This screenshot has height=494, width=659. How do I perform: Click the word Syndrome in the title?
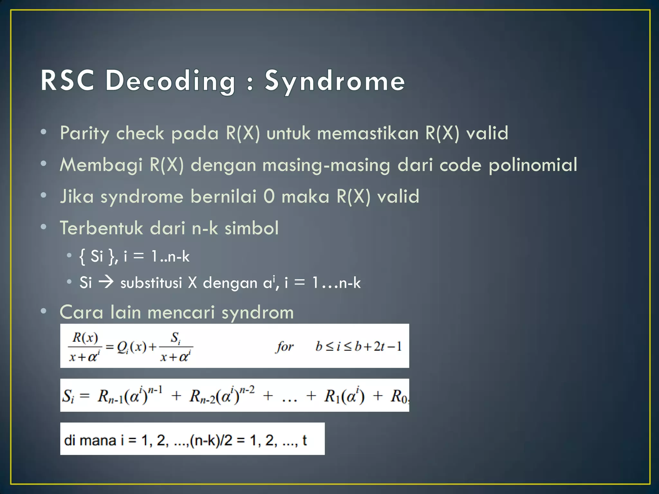coord(335,81)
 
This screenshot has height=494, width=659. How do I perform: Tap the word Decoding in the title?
coord(171,81)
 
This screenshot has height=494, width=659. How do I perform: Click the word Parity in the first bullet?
coord(84,133)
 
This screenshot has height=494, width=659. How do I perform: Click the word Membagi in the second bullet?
coord(101,165)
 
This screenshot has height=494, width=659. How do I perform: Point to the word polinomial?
coord(533,165)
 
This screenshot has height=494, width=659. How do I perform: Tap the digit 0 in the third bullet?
coord(269,196)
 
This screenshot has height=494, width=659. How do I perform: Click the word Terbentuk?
coord(101,228)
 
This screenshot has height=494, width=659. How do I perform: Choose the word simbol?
coord(251,228)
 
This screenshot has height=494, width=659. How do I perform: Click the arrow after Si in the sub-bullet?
coord(106,282)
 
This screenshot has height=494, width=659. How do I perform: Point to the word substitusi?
coord(151,283)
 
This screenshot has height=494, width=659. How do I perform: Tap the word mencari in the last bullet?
coord(181,312)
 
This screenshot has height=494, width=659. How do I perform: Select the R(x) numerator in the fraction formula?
coord(85,337)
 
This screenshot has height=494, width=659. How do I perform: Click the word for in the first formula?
coord(285,346)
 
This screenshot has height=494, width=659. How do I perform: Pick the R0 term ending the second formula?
coord(399,396)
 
